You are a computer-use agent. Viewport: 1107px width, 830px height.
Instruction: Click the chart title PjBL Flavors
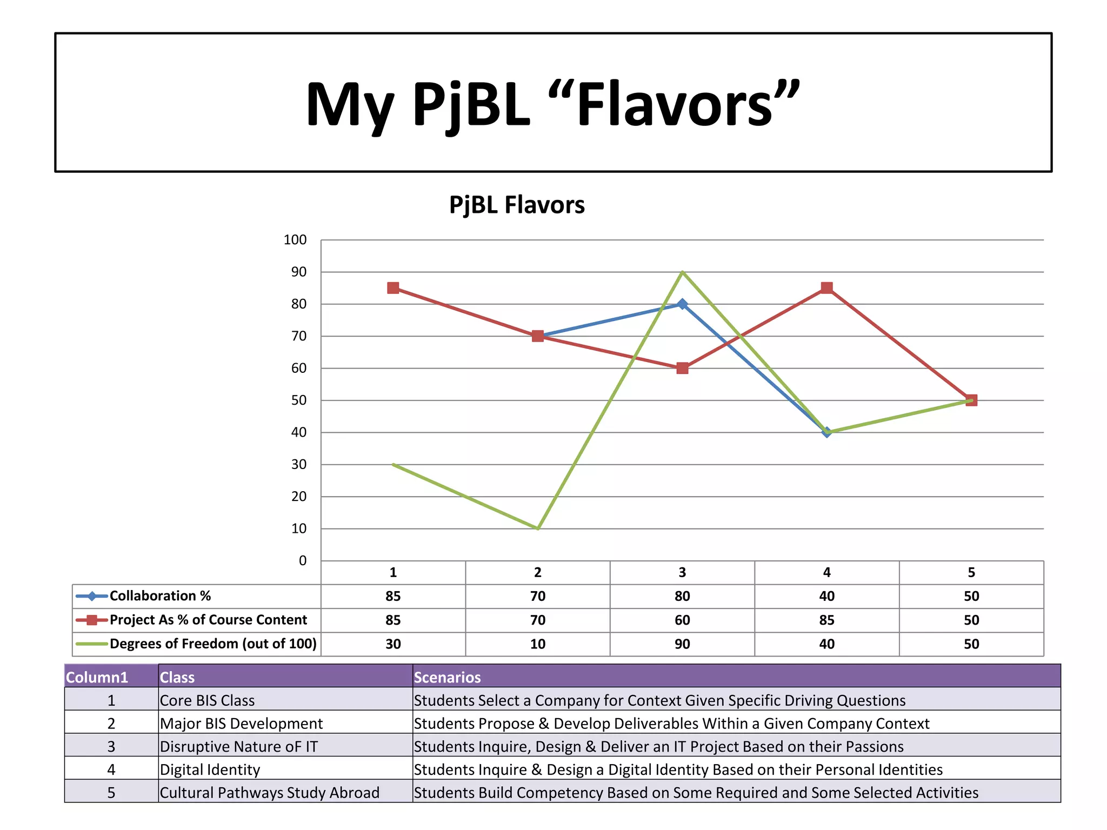[x=517, y=205]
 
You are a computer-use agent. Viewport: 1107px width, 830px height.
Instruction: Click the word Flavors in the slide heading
[x=674, y=104]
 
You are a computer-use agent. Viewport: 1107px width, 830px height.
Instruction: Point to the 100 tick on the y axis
[x=295, y=240]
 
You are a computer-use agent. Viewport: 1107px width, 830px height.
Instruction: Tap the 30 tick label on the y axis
[x=298, y=465]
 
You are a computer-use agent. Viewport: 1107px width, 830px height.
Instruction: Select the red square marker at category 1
[x=394, y=288]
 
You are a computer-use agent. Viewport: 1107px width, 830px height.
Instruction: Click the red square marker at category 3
[x=682, y=369]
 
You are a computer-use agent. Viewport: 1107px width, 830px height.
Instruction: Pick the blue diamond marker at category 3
[x=682, y=304]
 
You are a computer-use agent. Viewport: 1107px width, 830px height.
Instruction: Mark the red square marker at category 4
[x=826, y=288]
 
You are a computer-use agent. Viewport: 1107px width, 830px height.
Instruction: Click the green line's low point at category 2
[x=538, y=528]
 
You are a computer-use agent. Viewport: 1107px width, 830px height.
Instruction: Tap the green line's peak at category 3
[x=682, y=272]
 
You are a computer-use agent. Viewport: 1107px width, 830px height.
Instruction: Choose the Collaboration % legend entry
[x=160, y=596]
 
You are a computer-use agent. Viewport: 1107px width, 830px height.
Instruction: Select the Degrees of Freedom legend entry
[x=213, y=644]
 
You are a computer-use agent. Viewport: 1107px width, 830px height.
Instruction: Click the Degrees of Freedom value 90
[x=682, y=644]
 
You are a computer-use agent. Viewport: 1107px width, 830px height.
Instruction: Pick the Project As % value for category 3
[x=682, y=620]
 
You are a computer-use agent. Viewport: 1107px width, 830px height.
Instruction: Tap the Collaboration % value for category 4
[x=826, y=596]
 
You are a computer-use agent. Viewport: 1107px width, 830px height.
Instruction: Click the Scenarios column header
[x=448, y=677]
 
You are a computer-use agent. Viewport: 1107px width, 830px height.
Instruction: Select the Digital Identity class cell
[x=210, y=769]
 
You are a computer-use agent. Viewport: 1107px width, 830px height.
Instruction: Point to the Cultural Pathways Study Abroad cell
[x=270, y=793]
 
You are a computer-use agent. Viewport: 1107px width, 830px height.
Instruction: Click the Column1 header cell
[x=97, y=677]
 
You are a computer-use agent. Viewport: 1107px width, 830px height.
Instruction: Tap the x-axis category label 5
[x=971, y=573]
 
